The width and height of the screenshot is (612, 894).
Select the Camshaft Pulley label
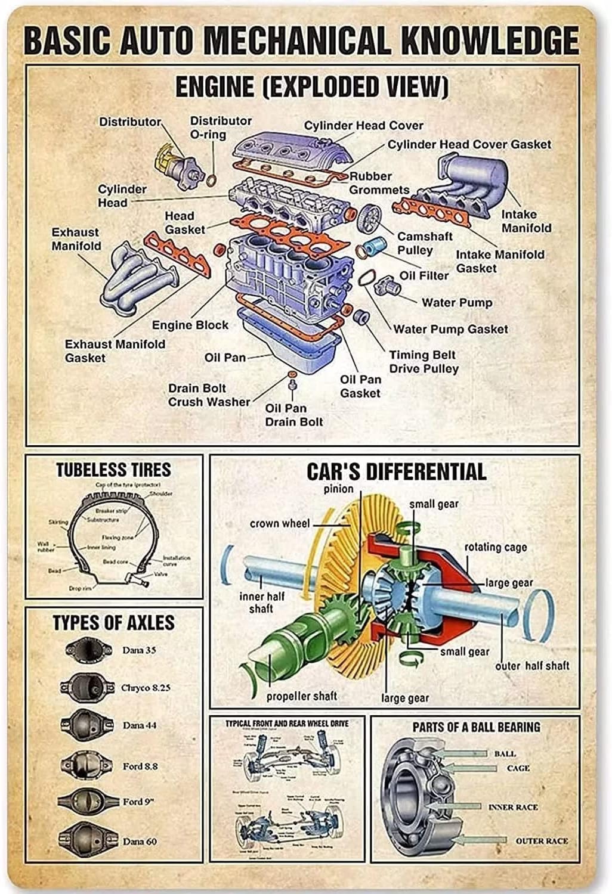(424, 243)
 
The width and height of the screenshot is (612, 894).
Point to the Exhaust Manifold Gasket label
(115, 351)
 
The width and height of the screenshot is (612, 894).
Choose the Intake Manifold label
(526, 221)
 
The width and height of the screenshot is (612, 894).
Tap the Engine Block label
(190, 325)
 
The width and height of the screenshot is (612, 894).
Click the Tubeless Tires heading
(113, 470)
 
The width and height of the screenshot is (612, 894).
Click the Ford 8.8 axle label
(140, 766)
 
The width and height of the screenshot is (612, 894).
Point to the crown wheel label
(280, 523)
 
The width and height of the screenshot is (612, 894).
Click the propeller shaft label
(301, 696)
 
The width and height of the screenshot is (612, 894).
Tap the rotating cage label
(496, 547)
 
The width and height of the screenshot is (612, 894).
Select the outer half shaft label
(532, 666)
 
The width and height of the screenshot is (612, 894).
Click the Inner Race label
(513, 807)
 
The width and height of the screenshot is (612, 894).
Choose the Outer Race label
(542, 841)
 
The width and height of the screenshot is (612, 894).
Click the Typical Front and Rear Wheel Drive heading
(286, 724)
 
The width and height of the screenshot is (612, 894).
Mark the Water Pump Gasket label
(450, 329)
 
